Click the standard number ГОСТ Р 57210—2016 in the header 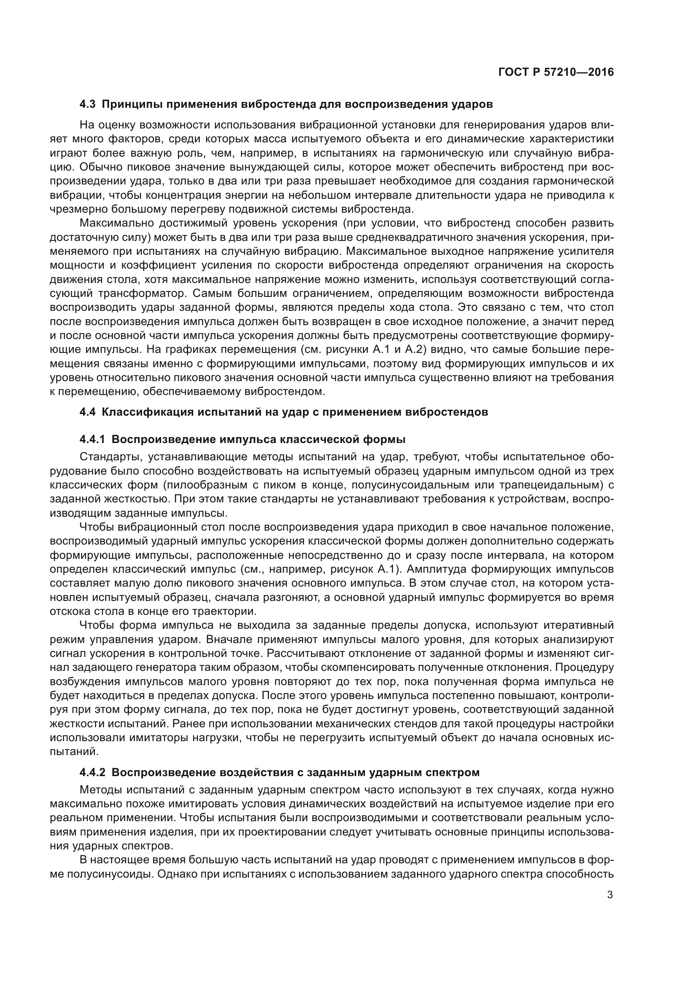point(556,72)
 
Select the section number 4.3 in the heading point(88,104)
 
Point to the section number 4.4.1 point(92,440)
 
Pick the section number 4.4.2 point(92,773)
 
